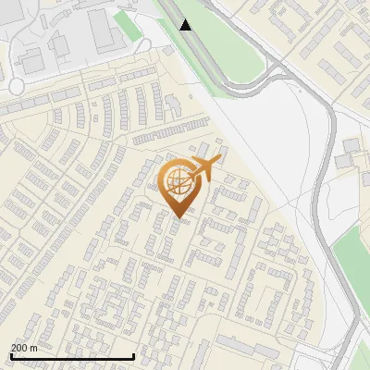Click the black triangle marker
pyautogui.click(x=186, y=25)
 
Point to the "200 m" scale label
pyautogui.click(x=24, y=348)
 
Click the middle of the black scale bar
pyautogui.click(x=72, y=356)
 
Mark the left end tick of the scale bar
pyautogui.click(x=11, y=356)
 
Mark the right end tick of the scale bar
pyautogui.click(x=134, y=356)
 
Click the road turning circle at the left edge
pyautogui.click(x=16, y=86)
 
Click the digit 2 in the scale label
pyautogui.click(x=14, y=348)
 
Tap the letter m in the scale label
pyautogui.click(x=34, y=348)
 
